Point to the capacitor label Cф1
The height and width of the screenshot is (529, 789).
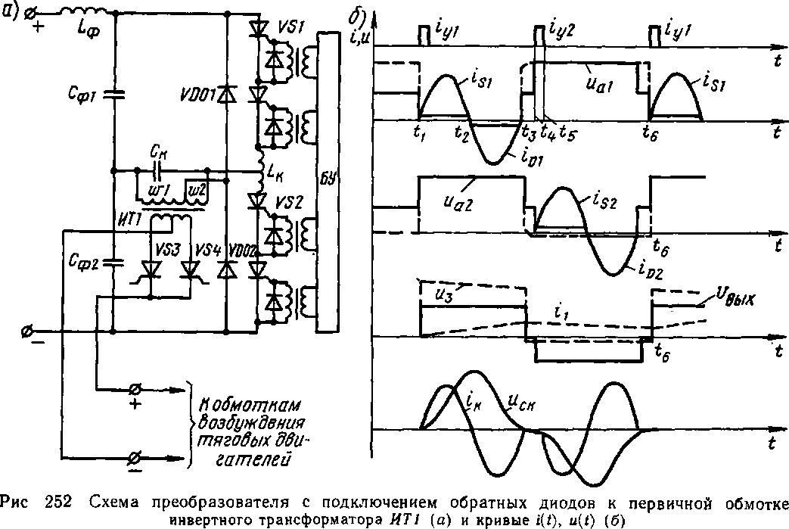click(x=79, y=96)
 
